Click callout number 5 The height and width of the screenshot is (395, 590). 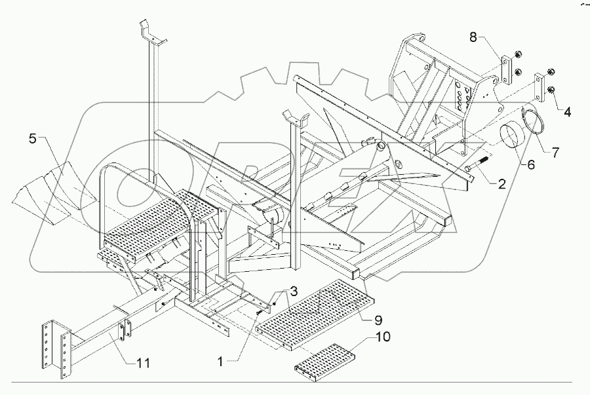point(32,138)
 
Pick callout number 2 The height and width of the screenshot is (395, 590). point(500,185)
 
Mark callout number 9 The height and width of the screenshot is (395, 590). point(378,320)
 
